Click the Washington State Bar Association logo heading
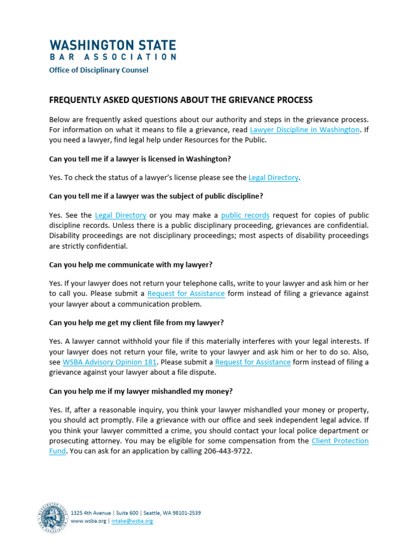pyautogui.click(x=113, y=49)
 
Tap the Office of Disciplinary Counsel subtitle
pyautogui.click(x=99, y=70)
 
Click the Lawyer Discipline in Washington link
pyautogui.click(x=305, y=129)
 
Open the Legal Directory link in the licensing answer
pyautogui.click(x=273, y=177)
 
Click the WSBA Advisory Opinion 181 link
pyautogui.click(x=110, y=362)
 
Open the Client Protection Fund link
pyautogui.click(x=340, y=441)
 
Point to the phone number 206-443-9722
pyautogui.click(x=227, y=451)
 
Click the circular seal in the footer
pyautogui.click(x=53, y=517)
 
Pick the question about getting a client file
pyautogui.click(x=136, y=323)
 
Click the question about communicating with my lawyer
pyautogui.click(x=131, y=264)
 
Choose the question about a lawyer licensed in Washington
pyautogui.click(x=134, y=158)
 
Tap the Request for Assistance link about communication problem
pyautogui.click(x=186, y=293)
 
